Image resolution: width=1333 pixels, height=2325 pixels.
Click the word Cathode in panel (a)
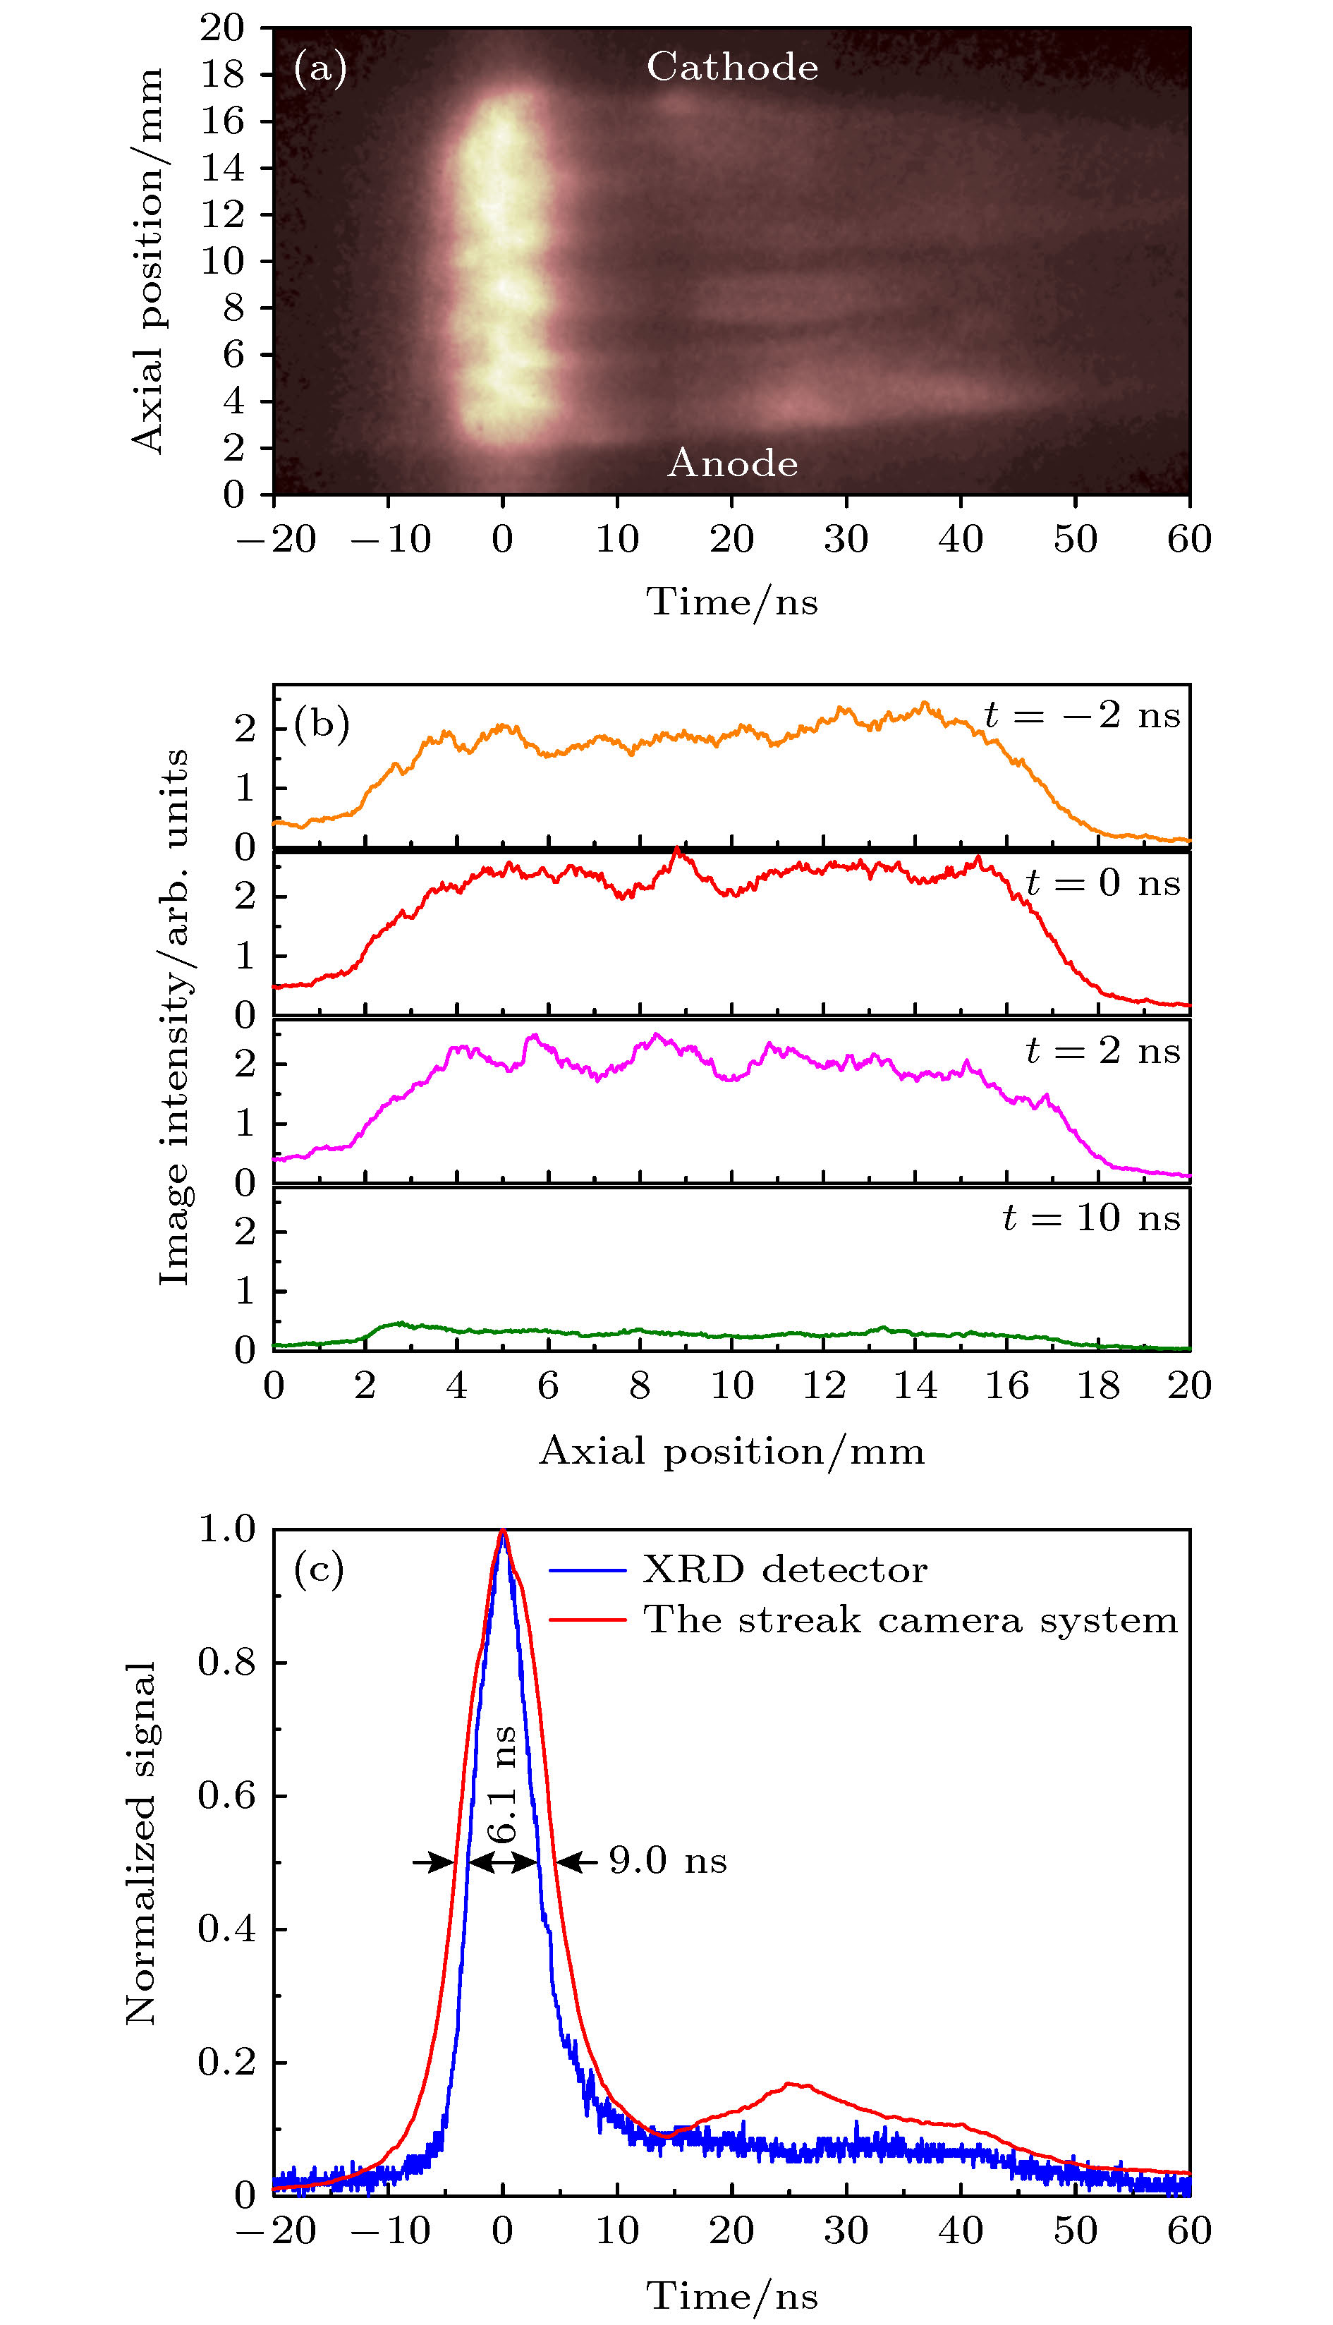[x=732, y=67]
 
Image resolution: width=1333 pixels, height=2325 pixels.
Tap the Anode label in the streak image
[x=732, y=463]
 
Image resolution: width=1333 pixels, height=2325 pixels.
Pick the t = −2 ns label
[x=1082, y=715]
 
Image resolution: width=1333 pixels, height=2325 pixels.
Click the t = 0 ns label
[x=1102, y=882]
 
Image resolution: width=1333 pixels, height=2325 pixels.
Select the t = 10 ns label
[x=1091, y=1218]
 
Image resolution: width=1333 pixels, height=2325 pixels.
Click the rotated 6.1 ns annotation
[x=503, y=1785]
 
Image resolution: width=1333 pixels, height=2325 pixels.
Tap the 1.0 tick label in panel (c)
[x=227, y=1529]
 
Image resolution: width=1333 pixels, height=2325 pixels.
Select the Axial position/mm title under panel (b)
[x=731, y=1451]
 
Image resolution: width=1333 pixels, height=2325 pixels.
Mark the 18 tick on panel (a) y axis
[x=222, y=74]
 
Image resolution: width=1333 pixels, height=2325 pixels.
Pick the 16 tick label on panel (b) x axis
[x=1006, y=1385]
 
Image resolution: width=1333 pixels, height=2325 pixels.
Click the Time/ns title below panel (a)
[x=731, y=602]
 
